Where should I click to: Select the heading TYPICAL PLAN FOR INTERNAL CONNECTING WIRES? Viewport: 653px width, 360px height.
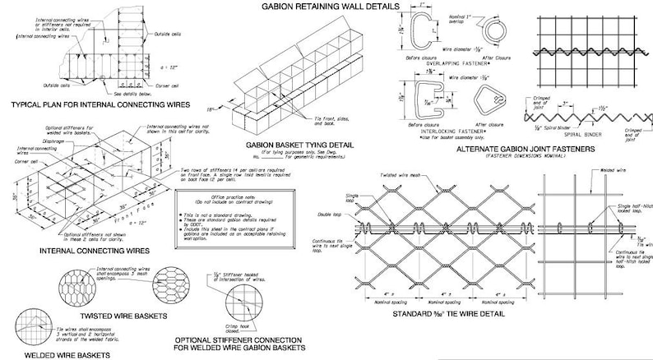click(97, 105)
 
